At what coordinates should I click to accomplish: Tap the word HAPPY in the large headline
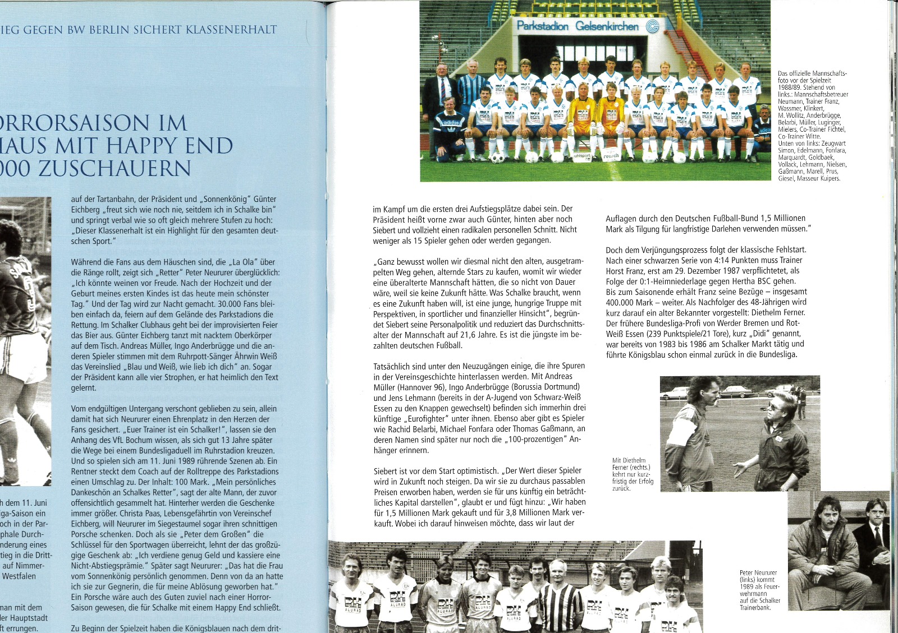click(x=148, y=146)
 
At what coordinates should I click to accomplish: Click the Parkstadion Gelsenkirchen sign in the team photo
click(x=578, y=26)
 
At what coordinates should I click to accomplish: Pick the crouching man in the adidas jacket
click(x=450, y=129)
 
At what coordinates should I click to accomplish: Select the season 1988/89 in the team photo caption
click(x=790, y=87)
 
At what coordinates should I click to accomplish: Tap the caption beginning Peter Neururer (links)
click(x=759, y=590)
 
